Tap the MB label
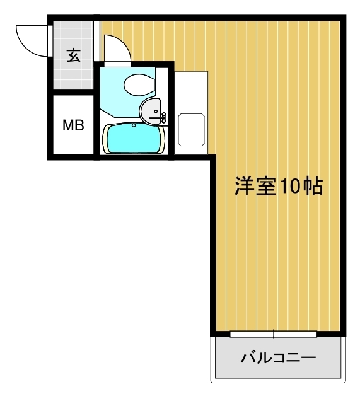click(73, 125)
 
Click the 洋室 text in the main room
click(253, 186)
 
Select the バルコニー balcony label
click(278, 359)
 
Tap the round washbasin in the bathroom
click(152, 111)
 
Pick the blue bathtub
click(132, 138)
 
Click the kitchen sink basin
click(191, 129)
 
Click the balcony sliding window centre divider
click(274, 333)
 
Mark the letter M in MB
click(68, 125)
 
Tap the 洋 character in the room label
click(245, 186)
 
